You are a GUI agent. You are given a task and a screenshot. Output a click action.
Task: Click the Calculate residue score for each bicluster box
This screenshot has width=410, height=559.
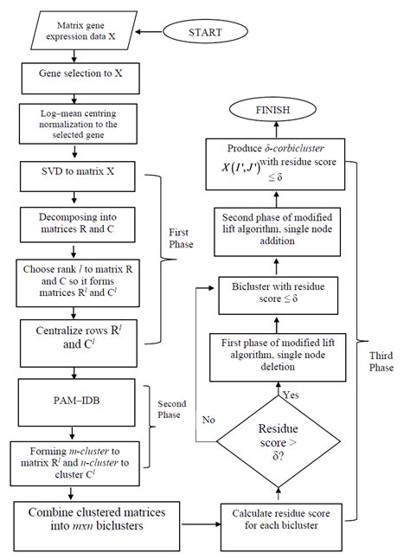(x=278, y=517)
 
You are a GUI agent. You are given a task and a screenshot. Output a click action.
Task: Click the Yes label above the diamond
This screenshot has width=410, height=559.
(x=291, y=394)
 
